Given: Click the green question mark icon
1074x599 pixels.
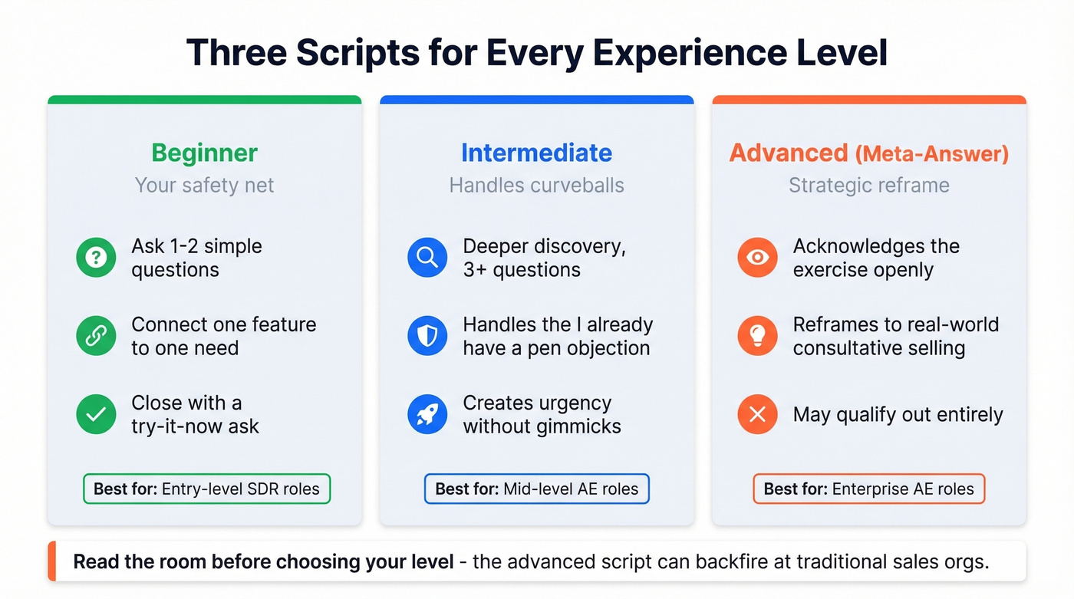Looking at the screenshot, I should coord(96,258).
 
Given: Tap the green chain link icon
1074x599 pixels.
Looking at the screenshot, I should coord(96,336).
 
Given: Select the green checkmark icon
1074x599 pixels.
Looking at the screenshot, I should coord(96,414).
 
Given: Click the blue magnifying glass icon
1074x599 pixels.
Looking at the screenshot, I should coord(427,258).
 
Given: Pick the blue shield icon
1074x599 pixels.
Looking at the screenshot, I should coord(427,336).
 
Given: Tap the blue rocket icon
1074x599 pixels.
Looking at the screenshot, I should coord(427,414).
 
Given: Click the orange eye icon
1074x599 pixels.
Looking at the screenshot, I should coord(757,258).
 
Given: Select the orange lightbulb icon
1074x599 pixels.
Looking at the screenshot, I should coord(757,336).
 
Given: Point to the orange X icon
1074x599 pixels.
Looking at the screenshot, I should coord(757,414).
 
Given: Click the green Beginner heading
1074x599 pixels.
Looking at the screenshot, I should coord(204,153).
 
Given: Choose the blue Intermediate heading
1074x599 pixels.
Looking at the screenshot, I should coord(536,153).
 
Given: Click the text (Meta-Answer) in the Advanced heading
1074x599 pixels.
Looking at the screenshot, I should coord(931,154).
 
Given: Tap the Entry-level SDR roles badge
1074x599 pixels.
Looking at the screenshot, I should coord(206,489).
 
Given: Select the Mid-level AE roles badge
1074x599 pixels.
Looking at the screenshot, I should coord(536,489).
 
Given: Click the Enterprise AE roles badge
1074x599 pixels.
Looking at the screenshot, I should coord(868,489).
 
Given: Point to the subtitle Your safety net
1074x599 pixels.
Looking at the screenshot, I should coord(204,185).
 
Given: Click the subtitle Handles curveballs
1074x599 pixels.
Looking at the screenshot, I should coord(536,185).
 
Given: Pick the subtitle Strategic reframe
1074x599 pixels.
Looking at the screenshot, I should coord(868,185).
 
